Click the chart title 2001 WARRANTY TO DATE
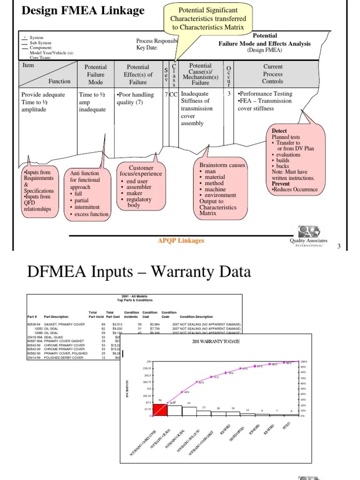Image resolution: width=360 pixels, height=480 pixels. (216, 341)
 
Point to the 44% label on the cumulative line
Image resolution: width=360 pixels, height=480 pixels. (186, 392)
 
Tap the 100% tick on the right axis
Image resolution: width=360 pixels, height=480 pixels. (304, 362)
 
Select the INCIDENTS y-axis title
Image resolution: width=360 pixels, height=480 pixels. (127, 390)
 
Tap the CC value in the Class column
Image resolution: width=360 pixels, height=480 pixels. (173, 94)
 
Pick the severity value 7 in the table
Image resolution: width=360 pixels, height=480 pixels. (166, 94)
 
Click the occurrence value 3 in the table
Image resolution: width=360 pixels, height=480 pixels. (229, 94)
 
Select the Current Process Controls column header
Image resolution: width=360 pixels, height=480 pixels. (273, 74)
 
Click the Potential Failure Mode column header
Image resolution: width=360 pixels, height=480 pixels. (96, 75)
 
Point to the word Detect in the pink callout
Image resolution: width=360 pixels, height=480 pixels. (279, 131)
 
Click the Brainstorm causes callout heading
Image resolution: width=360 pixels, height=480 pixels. (222, 165)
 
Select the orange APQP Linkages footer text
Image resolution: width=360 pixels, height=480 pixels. (181, 240)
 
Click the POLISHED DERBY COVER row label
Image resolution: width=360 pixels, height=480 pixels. (64, 357)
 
